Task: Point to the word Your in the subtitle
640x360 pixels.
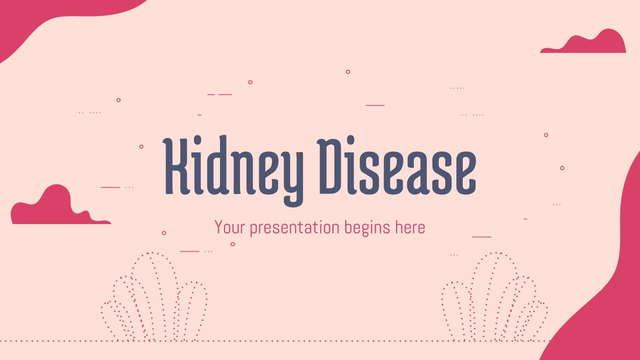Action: [x=229, y=228]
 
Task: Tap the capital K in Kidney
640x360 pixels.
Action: [x=176, y=166]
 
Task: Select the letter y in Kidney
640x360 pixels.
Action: [x=292, y=176]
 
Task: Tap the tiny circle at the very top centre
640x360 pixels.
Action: [x=348, y=72]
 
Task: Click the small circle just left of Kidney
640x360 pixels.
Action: [x=141, y=147]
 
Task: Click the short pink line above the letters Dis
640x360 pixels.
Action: [x=375, y=105]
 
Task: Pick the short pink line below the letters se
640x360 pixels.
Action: [x=482, y=236]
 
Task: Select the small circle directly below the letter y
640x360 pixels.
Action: [x=233, y=244]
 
